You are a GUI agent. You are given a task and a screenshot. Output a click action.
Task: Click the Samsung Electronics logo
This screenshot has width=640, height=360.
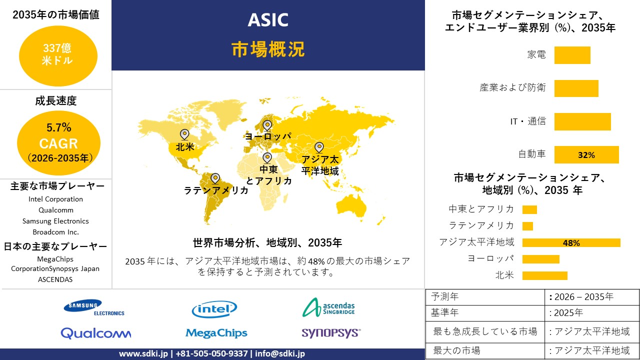pos(94,307)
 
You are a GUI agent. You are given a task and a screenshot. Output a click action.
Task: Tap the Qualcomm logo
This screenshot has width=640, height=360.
pos(95,333)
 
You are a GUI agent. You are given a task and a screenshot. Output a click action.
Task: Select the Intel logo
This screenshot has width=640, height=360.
pos(214,309)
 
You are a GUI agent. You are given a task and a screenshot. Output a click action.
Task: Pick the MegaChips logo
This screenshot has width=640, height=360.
pos(216,332)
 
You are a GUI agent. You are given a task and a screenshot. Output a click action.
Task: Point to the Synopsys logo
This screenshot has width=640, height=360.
pos(330,332)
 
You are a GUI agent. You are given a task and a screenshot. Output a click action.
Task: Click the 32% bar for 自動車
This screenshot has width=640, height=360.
pos(586,155)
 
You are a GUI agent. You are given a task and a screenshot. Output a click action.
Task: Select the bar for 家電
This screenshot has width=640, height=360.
pos(572,55)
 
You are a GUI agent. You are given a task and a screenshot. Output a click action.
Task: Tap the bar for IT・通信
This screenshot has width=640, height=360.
pos(582,121)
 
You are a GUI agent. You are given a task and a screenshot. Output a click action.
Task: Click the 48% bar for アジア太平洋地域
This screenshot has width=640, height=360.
pos(571,243)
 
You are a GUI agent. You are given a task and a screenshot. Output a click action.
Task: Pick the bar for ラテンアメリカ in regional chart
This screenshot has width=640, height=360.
pos(527,226)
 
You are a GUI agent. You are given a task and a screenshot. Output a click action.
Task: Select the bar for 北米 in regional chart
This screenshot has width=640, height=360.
pos(544,275)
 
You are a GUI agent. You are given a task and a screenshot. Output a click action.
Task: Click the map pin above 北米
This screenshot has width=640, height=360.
pos(184,134)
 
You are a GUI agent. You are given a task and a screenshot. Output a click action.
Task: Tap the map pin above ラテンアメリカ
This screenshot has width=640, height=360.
pos(215,178)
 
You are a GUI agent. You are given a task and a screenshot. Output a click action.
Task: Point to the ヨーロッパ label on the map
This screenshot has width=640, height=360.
pos(267,136)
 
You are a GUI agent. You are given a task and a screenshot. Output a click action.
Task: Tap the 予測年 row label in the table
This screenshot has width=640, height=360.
pos(445,296)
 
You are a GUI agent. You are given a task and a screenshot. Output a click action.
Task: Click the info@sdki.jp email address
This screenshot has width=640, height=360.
pos(279,353)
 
